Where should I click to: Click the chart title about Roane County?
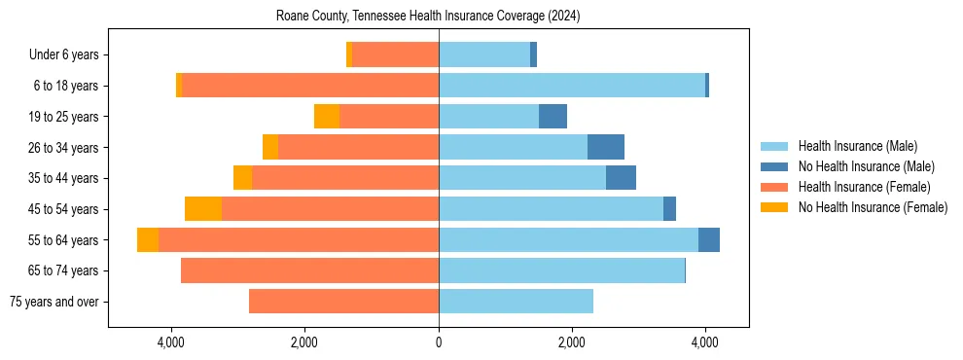pyautogui.click(x=428, y=16)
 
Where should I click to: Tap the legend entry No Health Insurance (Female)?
pyautogui.click(x=872, y=207)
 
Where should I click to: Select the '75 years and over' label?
pyautogui.click(x=53, y=302)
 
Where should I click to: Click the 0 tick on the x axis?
pyautogui.click(x=439, y=342)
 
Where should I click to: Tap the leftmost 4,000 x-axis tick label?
pyautogui.click(x=171, y=342)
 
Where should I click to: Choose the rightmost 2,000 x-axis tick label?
pyautogui.click(x=572, y=342)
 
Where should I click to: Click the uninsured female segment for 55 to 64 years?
pyautogui.click(x=148, y=240)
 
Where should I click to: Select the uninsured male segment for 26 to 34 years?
pyautogui.click(x=606, y=147)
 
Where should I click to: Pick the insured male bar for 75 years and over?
pyautogui.click(x=516, y=302)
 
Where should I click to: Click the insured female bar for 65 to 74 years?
pyautogui.click(x=309, y=270)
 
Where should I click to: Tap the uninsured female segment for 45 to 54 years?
pyautogui.click(x=203, y=209)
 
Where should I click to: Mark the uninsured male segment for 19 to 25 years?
pyautogui.click(x=553, y=117)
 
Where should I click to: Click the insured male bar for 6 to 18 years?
pyautogui.click(x=572, y=86)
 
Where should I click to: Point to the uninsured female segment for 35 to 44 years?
pyautogui.click(x=242, y=178)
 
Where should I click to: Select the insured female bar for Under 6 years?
pyautogui.click(x=395, y=55)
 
